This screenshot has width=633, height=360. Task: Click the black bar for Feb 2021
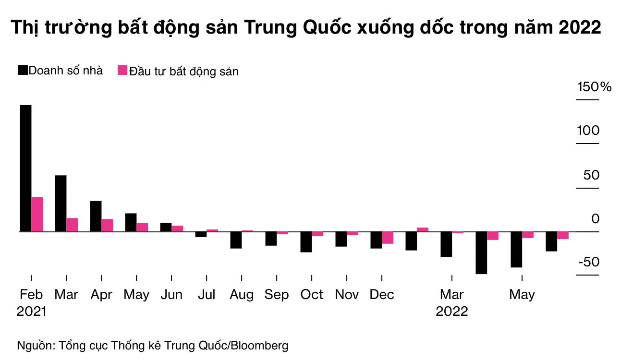pos(25,168)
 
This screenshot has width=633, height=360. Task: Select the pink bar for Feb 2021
pos(37,214)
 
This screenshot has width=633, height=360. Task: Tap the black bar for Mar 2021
pos(61,203)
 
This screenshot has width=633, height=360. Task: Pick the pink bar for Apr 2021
pos(107,225)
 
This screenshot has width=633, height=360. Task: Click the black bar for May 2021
pos(131,222)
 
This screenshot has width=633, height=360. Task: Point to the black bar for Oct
pos(306,242)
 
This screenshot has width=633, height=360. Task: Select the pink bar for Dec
pos(388,238)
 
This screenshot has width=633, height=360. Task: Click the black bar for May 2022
pos(516,250)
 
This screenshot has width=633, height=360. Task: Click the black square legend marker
pos(23,71)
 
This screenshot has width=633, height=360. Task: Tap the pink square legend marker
pos(122,71)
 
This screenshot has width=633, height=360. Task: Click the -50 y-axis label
pos(589,263)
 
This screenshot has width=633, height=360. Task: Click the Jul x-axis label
pos(207,294)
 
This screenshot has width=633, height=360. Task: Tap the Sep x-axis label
pos(277,294)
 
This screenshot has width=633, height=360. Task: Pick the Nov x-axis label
pos(347,294)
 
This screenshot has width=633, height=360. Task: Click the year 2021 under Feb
pos(31,311)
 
